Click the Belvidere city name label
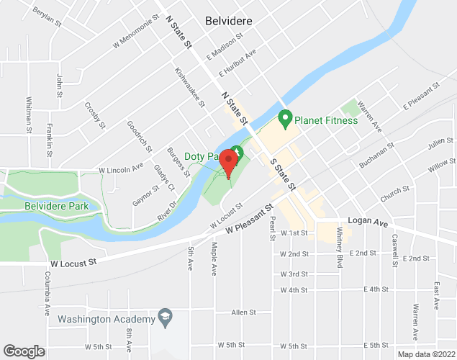tap(228, 21)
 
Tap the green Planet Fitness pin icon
tap(285, 117)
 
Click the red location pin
tap(229, 161)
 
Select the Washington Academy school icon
tap(166, 318)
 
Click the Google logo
tap(23, 351)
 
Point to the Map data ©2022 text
tap(427, 354)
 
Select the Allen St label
tap(244, 312)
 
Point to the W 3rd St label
tap(294, 274)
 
